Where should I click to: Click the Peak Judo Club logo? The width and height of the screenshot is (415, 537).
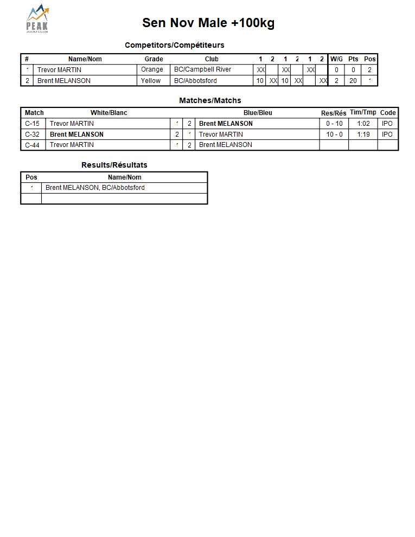(x=37, y=20)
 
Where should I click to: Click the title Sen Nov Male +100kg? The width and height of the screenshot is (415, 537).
(x=208, y=23)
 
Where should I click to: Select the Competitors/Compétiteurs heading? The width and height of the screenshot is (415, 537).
(x=174, y=45)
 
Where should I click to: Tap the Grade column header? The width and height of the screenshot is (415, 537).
(x=154, y=59)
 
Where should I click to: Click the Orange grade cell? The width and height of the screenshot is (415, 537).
(x=152, y=69)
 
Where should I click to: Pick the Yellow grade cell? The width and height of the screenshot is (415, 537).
(x=151, y=81)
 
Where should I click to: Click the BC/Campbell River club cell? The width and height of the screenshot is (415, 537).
(x=202, y=69)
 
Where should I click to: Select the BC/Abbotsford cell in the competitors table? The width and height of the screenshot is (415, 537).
(x=195, y=81)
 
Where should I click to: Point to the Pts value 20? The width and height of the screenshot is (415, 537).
(x=353, y=81)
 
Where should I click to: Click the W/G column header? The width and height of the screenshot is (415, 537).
(x=336, y=59)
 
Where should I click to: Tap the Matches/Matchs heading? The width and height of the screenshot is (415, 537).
(x=210, y=100)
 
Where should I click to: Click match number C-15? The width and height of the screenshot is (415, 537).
(x=33, y=124)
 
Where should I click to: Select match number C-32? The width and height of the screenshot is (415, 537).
(x=33, y=135)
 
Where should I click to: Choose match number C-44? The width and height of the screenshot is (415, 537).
(x=33, y=145)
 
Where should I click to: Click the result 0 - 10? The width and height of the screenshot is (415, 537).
(x=334, y=124)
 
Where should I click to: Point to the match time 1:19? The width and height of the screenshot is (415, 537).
(x=363, y=135)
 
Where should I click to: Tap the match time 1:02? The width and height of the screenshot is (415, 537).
(x=363, y=124)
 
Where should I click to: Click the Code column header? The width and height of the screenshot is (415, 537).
(x=388, y=113)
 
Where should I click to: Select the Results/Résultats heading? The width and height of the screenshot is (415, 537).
(x=114, y=165)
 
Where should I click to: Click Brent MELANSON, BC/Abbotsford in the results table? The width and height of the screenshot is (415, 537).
(x=95, y=188)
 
